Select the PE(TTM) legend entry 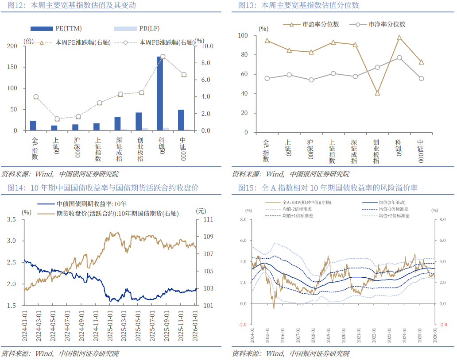point(64,29)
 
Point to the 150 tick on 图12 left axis point(14,67)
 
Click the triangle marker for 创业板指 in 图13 point(377,93)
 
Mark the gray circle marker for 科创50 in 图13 point(399,57)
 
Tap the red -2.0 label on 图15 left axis point(243,324)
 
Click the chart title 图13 point(298,6)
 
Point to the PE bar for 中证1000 point(181,120)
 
